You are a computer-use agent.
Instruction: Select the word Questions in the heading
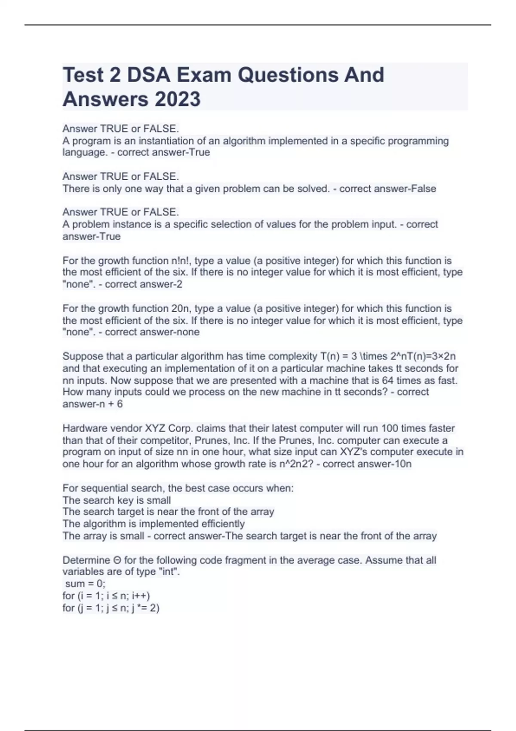pyautogui.click(x=287, y=75)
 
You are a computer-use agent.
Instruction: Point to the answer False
pyautogui.click(x=424, y=188)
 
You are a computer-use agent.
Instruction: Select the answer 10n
pyautogui.click(x=402, y=464)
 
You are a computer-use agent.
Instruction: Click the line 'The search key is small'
pyautogui.click(x=117, y=500)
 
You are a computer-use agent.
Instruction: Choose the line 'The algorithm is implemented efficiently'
pyautogui.click(x=154, y=524)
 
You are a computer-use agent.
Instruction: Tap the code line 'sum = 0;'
pyautogui.click(x=85, y=584)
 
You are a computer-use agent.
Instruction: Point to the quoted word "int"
pyautogui.click(x=168, y=571)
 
